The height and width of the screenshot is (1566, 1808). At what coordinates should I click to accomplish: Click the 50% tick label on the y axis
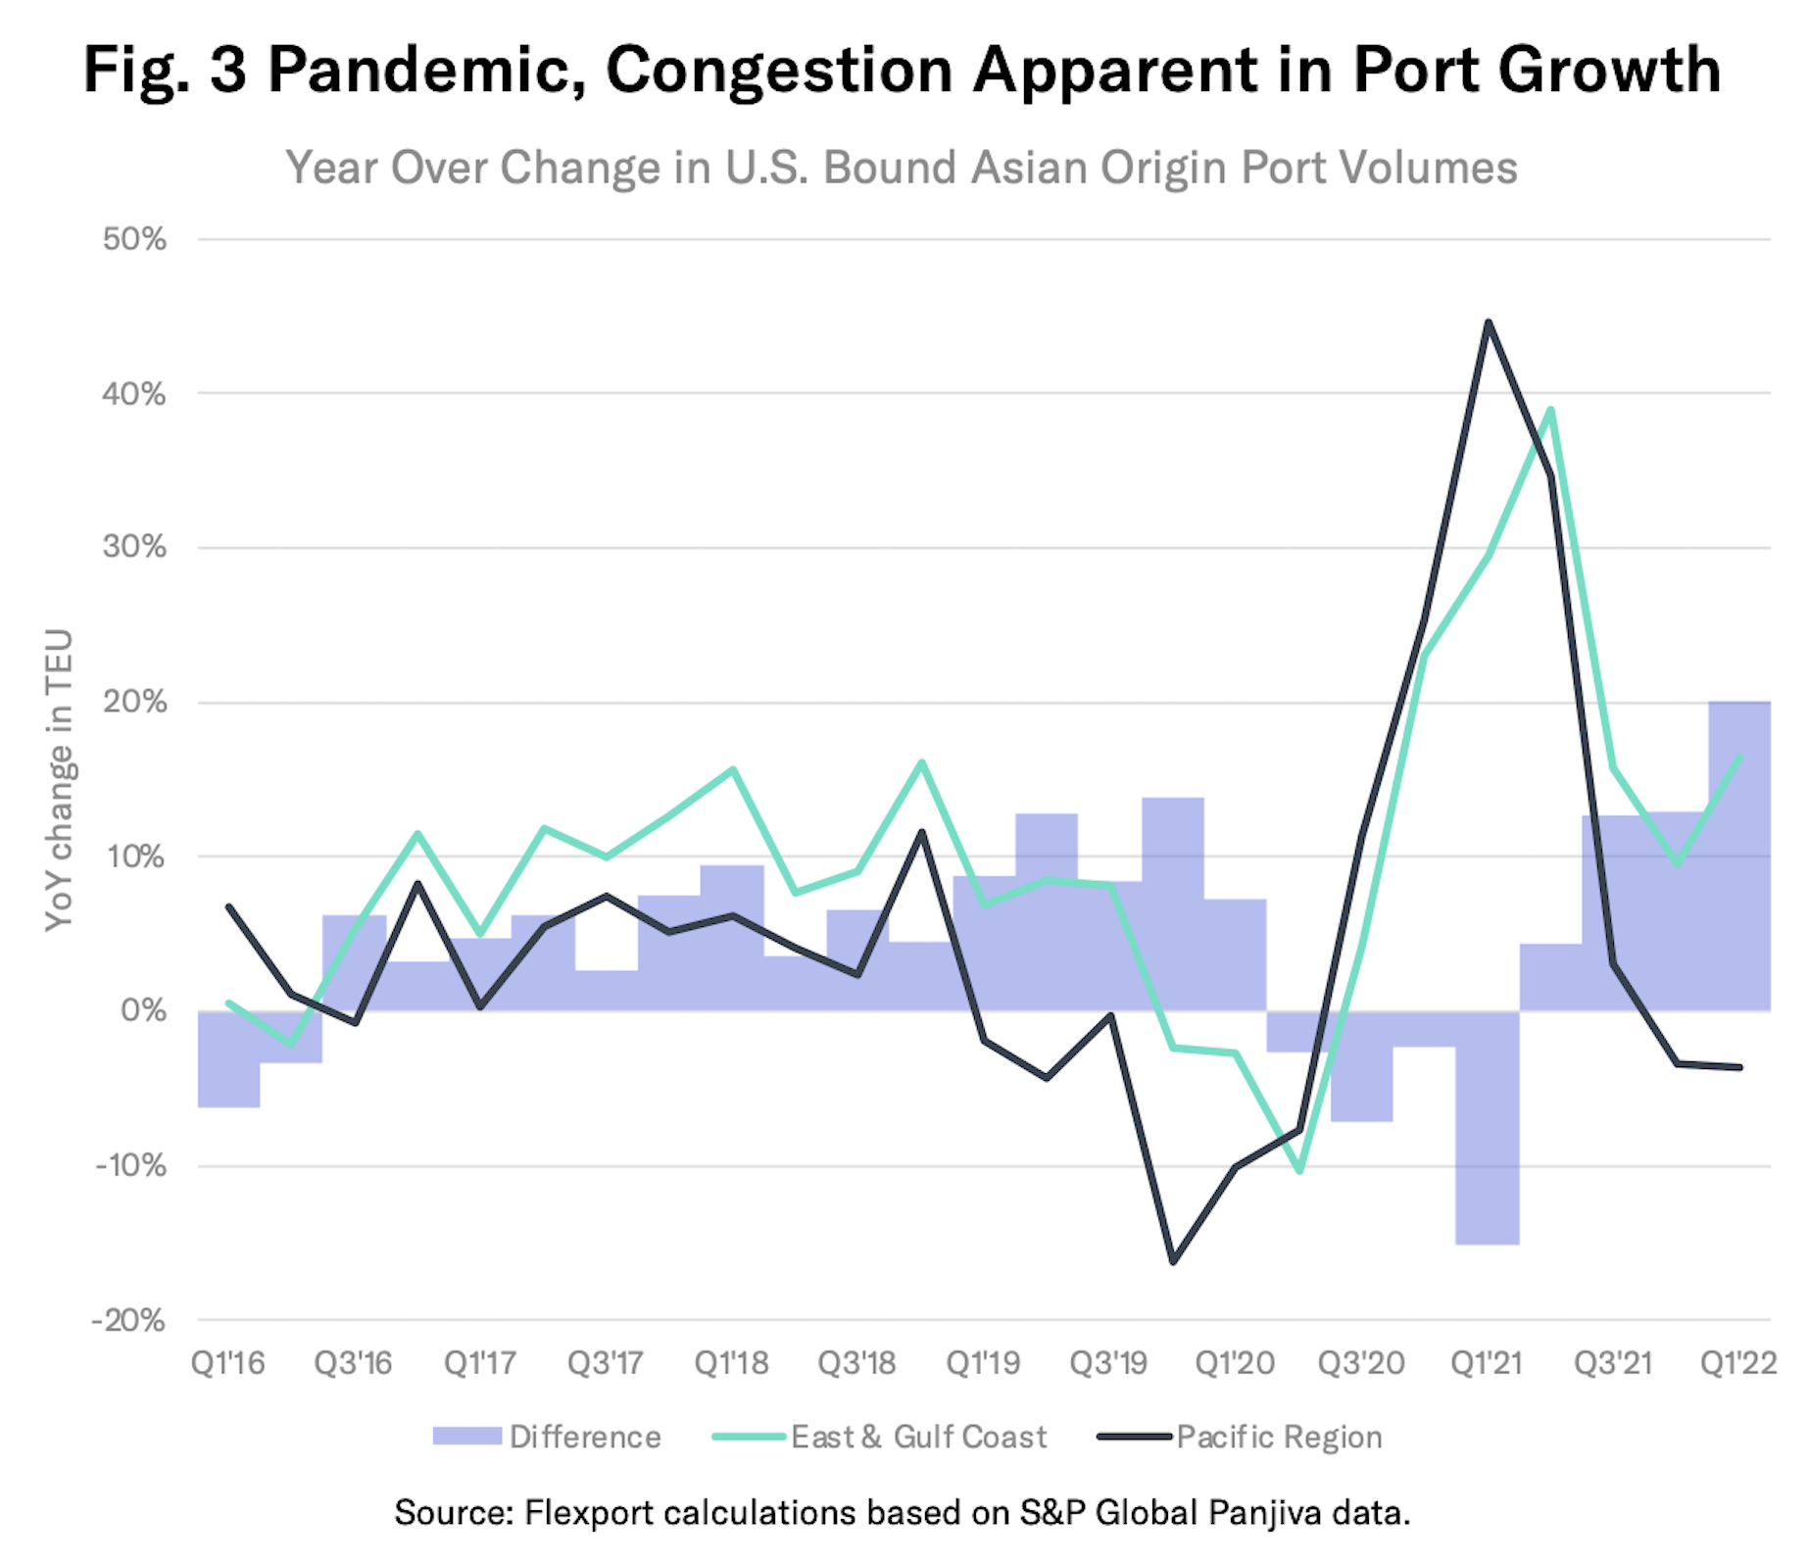pyautogui.click(x=134, y=240)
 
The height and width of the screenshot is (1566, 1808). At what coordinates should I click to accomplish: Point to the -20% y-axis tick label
pyautogui.click(x=128, y=1321)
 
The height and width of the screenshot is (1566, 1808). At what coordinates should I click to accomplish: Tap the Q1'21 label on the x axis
pyautogui.click(x=1487, y=1363)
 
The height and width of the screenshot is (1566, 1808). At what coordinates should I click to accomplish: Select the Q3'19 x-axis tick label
pyautogui.click(x=1108, y=1363)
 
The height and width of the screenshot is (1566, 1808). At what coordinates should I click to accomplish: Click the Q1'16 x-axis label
pyautogui.click(x=227, y=1363)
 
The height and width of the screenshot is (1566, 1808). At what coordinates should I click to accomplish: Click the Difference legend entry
pyautogui.click(x=585, y=1437)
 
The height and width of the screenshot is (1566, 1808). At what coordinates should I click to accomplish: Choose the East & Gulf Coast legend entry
pyautogui.click(x=918, y=1437)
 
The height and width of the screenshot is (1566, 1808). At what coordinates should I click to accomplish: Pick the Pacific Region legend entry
pyautogui.click(x=1279, y=1437)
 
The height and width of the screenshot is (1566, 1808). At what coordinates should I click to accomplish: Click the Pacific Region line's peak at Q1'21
pyautogui.click(x=1488, y=322)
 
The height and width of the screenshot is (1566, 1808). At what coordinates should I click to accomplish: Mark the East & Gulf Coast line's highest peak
pyautogui.click(x=1550, y=411)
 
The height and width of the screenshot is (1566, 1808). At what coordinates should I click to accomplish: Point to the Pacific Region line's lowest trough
pyautogui.click(x=1173, y=1261)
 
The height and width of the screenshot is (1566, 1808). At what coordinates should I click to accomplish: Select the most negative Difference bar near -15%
pyautogui.click(x=1487, y=1127)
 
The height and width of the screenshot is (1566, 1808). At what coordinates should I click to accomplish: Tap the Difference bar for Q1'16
pyautogui.click(x=228, y=1059)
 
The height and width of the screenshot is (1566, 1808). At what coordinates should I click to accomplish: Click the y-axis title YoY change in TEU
pyautogui.click(x=60, y=780)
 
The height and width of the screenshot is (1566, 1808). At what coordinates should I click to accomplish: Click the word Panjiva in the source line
pyautogui.click(x=1265, y=1512)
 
